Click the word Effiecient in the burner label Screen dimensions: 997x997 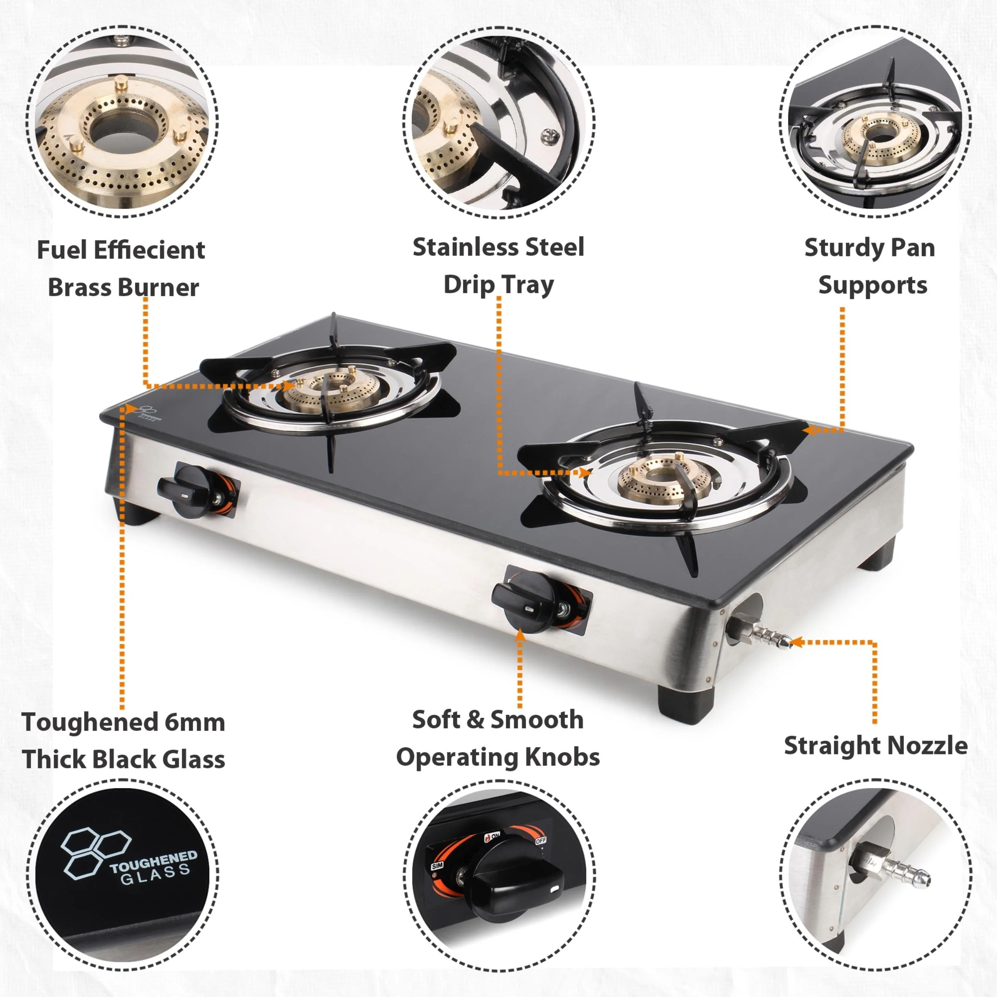tap(157, 250)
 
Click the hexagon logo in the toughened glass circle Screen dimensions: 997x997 tap(94, 854)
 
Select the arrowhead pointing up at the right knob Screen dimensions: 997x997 tap(520, 635)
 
